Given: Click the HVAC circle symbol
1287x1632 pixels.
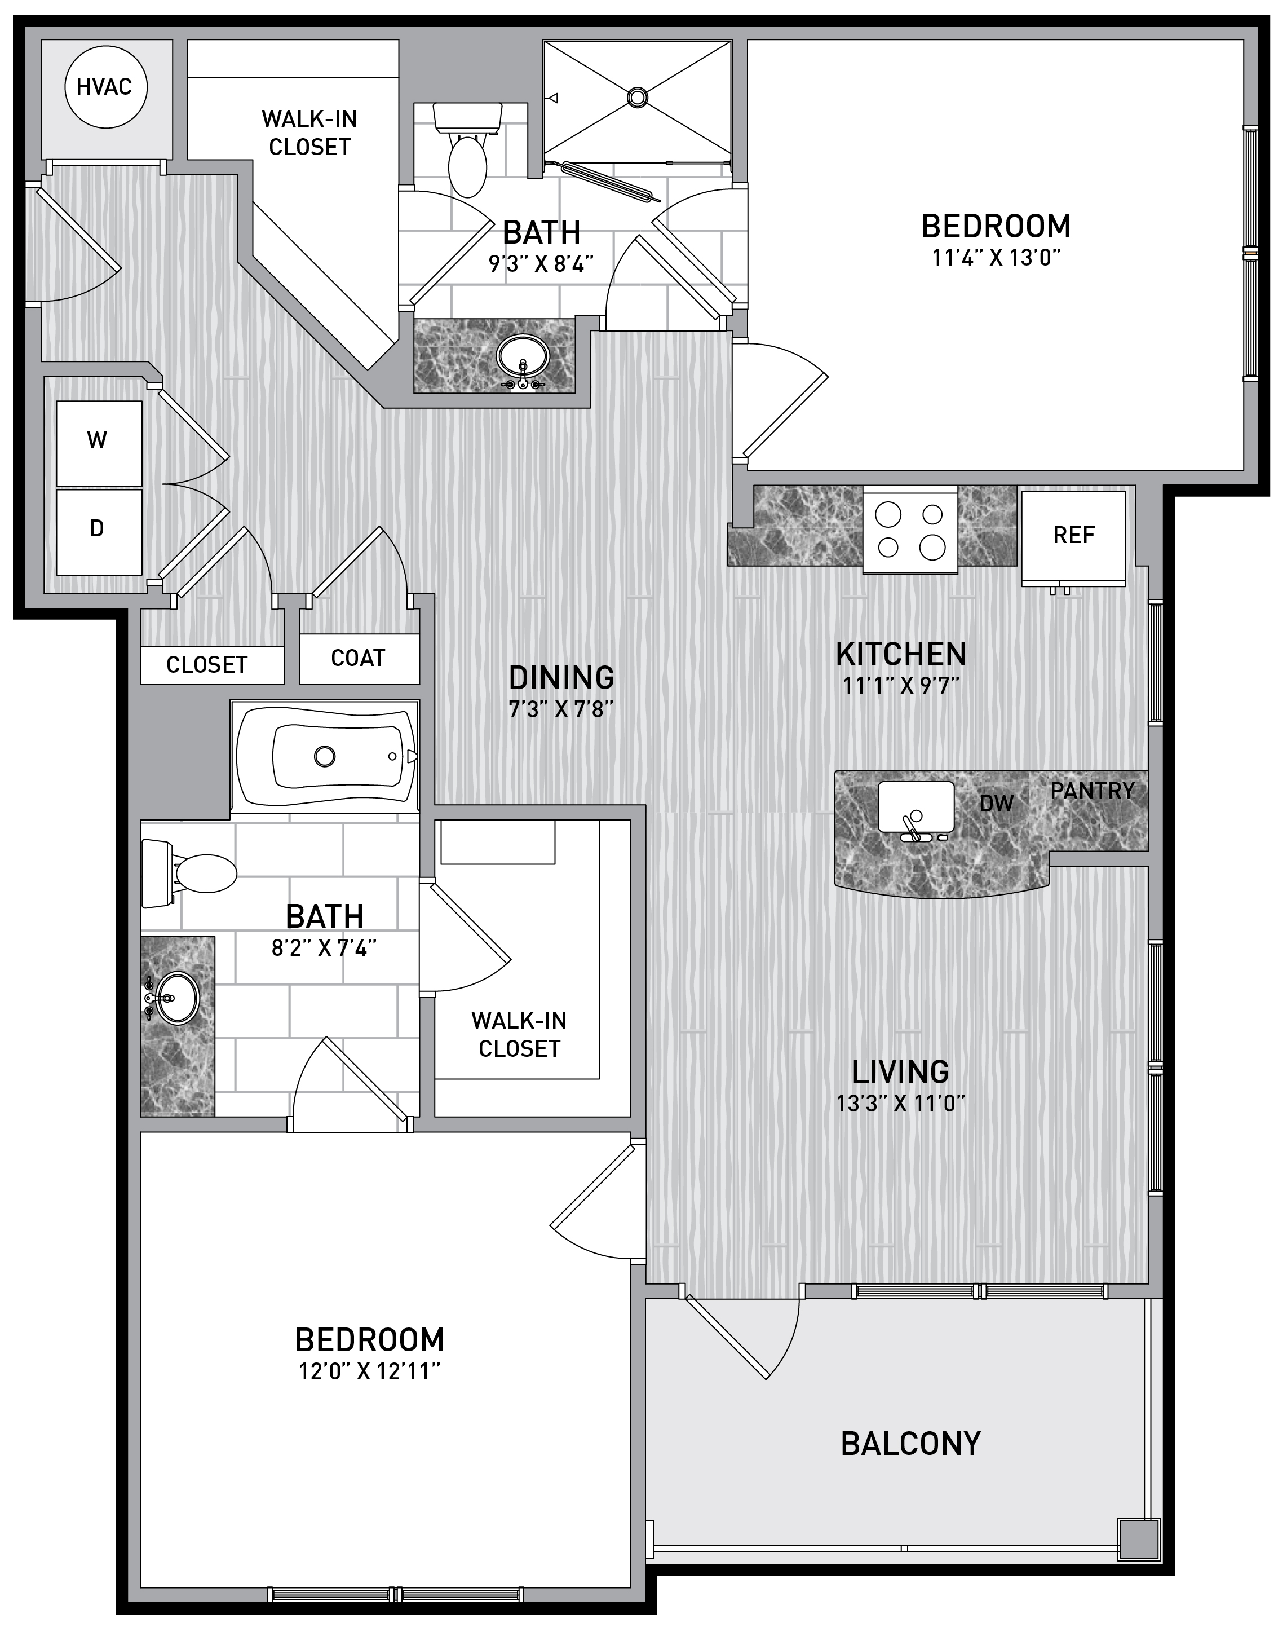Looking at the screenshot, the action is click(105, 87).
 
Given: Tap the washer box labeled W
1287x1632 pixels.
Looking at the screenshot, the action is click(99, 443).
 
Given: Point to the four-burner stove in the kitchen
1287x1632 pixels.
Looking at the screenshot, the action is click(910, 529).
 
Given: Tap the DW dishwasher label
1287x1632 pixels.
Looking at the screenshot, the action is click(996, 804).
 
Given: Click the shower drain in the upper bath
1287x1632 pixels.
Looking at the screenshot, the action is click(638, 96).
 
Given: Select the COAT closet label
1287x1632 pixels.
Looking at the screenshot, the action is click(358, 658).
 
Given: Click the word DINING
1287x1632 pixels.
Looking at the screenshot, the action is click(561, 678).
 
